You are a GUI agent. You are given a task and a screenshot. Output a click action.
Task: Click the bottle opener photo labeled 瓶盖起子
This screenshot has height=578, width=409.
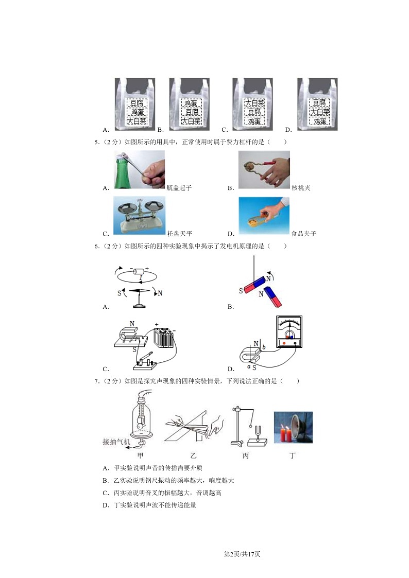pyautogui.click(x=139, y=170)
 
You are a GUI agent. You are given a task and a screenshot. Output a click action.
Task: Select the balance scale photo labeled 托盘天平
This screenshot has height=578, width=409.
pyautogui.click(x=139, y=216)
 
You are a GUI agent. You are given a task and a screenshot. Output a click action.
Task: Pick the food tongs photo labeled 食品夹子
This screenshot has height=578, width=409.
pyautogui.click(x=264, y=216)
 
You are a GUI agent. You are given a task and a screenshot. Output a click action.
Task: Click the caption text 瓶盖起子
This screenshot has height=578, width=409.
pyautogui.click(x=179, y=188)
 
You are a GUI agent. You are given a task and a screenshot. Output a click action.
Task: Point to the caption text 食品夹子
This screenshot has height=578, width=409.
pyautogui.click(x=303, y=234)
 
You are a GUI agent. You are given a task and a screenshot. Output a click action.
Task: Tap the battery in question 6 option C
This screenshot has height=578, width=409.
pyautogui.click(x=165, y=339)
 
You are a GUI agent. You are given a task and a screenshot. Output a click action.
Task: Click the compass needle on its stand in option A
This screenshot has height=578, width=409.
pyautogui.click(x=140, y=296)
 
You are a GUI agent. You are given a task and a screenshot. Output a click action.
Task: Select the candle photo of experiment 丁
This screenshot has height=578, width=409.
pyautogui.click(x=293, y=427)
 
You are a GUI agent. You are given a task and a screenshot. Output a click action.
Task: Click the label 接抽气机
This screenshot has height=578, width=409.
pyautogui.click(x=117, y=442)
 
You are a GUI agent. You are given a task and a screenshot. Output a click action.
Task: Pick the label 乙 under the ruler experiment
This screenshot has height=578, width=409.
pyautogui.click(x=193, y=456)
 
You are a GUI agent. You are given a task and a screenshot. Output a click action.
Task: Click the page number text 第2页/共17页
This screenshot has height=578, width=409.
pyautogui.click(x=242, y=554)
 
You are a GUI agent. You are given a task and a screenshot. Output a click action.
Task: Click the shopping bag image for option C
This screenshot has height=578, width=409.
pyautogui.click(x=252, y=104)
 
